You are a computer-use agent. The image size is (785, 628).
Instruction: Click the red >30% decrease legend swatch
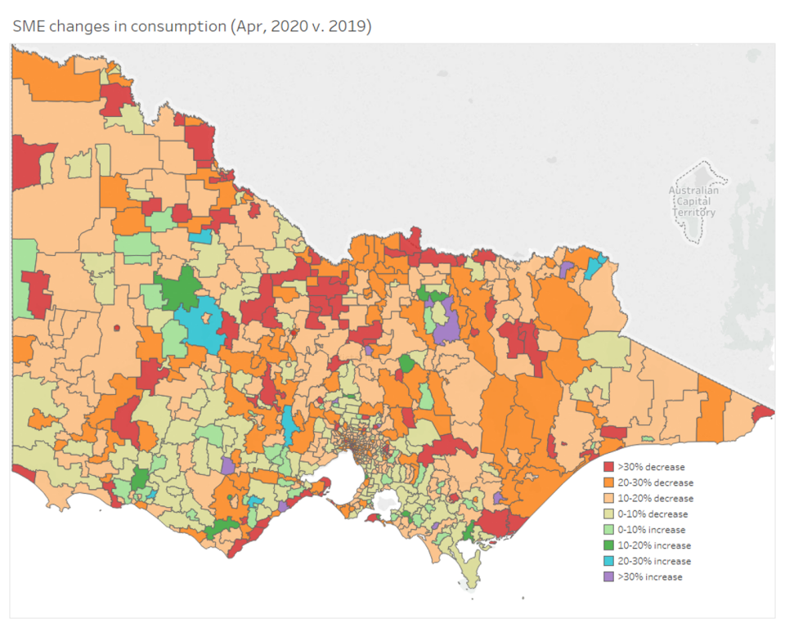coord(608,467)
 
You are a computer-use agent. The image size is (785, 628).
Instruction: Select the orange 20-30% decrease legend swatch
coord(608,482)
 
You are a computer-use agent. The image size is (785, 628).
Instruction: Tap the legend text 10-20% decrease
coord(655,498)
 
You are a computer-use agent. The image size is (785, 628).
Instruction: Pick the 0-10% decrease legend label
coord(653,514)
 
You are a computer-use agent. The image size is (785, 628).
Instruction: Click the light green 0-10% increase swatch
coord(608,530)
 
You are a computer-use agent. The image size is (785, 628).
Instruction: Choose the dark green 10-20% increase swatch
coord(608,545)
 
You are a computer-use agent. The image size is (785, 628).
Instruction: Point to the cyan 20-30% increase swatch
coord(608,561)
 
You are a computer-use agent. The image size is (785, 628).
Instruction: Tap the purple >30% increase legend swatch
coord(608,576)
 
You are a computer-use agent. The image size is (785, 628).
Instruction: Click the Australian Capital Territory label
coord(693,201)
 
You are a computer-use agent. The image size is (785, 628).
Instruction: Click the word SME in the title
coord(30,26)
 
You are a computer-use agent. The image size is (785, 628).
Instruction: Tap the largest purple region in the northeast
coord(446,330)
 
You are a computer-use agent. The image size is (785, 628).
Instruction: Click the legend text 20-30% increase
coord(654,561)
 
